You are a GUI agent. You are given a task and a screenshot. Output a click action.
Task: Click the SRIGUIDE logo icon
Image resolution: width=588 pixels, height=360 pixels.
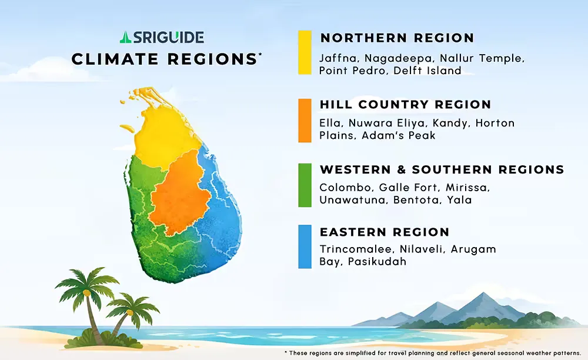pos(124,38)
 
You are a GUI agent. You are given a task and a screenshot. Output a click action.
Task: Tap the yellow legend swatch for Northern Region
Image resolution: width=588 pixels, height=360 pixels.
pos(305,52)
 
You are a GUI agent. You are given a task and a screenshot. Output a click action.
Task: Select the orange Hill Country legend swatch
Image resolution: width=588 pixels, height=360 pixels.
pos(305,120)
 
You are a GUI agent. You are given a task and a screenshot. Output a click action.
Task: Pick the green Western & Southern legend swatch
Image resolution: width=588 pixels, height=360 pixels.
pos(305,185)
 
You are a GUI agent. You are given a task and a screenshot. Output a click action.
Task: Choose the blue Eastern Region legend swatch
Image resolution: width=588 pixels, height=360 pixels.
pos(305,246)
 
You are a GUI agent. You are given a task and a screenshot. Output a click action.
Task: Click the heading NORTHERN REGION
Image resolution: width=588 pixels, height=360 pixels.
pos(397,38)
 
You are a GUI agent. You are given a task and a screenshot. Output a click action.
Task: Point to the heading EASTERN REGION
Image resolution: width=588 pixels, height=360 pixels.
pos(385,232)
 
